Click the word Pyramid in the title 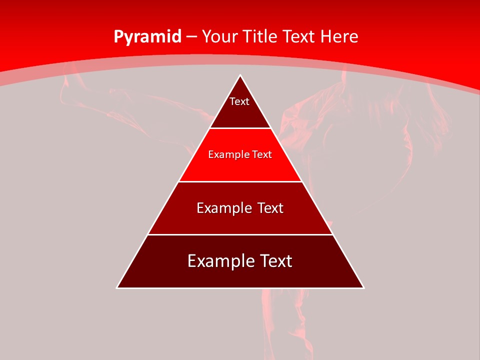point(147,37)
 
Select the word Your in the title point(218,36)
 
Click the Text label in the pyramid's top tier point(239,101)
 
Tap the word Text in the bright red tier point(262,154)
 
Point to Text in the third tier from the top point(271,208)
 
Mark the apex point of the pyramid point(240,75)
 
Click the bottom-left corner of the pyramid point(117,287)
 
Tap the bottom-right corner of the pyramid point(363,287)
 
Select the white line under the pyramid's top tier point(240,128)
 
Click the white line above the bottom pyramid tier point(240,234)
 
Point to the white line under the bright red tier point(240,181)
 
